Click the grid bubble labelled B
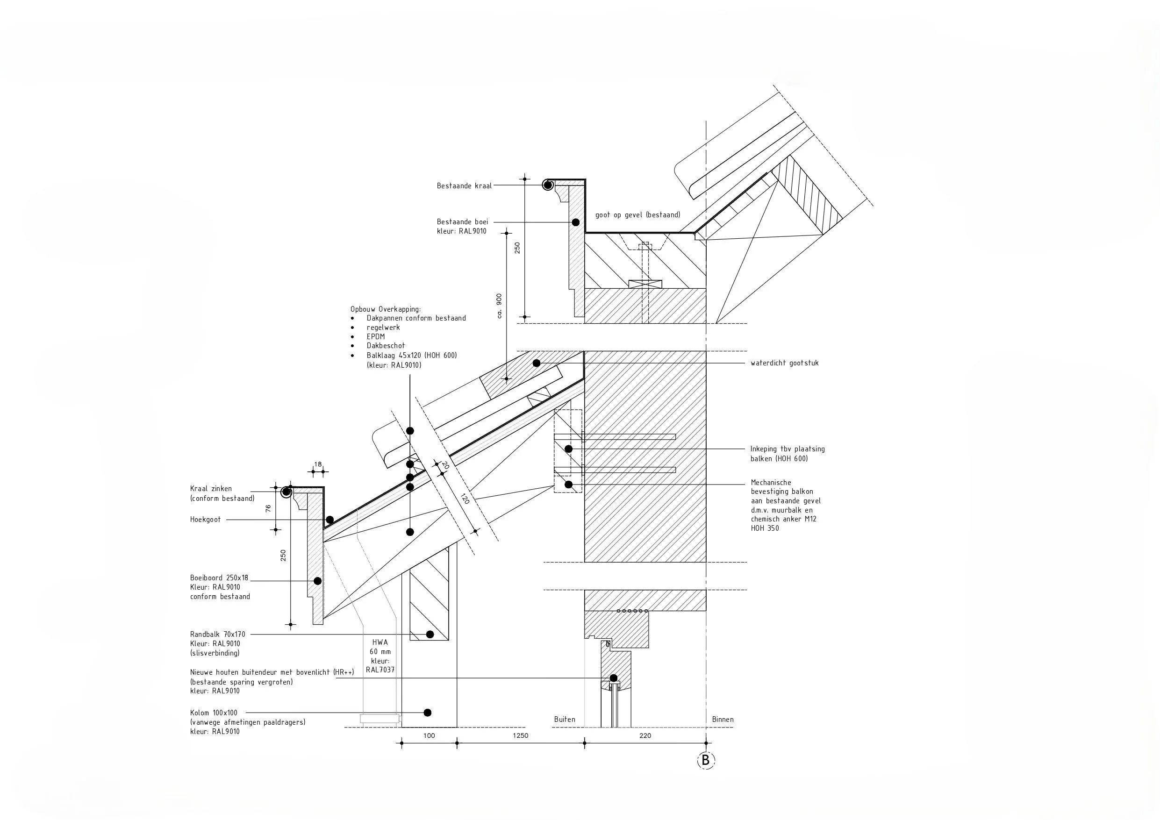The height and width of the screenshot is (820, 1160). coord(706,760)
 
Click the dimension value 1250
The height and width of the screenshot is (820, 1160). coord(520,735)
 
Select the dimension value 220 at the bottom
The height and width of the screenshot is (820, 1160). coord(645,735)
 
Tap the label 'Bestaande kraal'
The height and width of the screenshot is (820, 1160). coord(464,186)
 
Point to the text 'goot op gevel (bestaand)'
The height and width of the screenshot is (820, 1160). coord(637,215)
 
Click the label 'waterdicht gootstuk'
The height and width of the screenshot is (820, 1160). coord(784,363)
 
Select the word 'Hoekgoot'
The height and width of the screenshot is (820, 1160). coord(205,520)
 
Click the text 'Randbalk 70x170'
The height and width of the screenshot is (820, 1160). coord(217,635)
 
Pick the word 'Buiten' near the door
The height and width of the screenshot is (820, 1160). coord(564,720)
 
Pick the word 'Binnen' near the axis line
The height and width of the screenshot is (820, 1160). coord(723,720)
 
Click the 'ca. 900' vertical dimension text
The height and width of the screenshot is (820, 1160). coord(499,306)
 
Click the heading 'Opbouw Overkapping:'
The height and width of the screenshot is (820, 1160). coord(386,309)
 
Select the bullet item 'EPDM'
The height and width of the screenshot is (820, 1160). coord(375,336)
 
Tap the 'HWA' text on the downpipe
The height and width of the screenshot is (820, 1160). coord(380,642)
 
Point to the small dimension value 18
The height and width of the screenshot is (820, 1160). coord(318,464)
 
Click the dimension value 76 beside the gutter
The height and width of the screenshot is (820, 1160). coord(268,508)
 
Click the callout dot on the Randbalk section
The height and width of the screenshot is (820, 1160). coord(430,635)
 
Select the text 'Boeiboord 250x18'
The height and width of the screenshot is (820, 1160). coord(219,578)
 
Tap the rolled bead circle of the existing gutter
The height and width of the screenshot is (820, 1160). coord(548,185)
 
